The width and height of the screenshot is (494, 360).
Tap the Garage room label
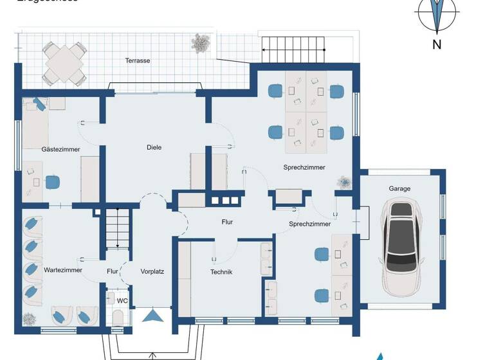coord(399,188)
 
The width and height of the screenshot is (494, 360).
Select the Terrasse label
coord(138,60)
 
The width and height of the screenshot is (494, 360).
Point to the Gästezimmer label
coord(60,149)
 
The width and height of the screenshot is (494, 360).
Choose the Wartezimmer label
coord(62,271)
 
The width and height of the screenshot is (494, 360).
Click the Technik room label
coord(221,272)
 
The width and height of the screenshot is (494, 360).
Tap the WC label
coord(122,300)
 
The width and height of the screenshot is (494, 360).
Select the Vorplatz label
coord(152,271)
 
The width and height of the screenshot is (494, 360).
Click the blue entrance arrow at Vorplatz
coord(153,316)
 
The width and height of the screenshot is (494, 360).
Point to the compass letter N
coord(437,44)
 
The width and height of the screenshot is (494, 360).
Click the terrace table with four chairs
coord(64,62)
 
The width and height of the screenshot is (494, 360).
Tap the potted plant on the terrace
coord(201,43)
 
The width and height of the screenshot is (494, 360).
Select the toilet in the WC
coord(117,318)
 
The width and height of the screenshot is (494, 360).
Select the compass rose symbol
coord(437,14)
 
